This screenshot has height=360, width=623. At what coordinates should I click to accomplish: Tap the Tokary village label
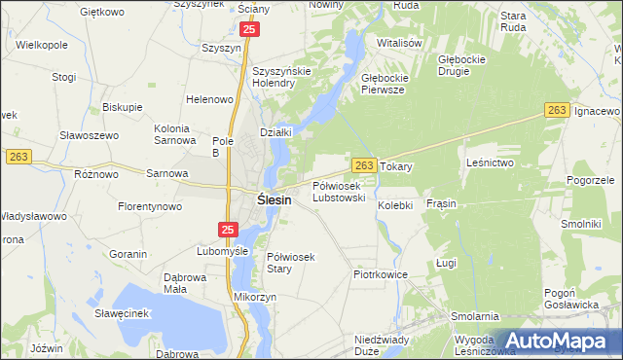coord(396,167)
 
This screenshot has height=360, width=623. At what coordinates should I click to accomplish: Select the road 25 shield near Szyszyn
coord(250,31)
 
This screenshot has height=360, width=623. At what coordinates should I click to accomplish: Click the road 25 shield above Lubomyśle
coord(228,230)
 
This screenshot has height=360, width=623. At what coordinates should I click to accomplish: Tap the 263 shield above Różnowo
coord(18,156)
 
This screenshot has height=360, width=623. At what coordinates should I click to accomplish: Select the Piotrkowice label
coord(379,275)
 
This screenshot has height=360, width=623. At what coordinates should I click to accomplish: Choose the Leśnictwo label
coord(490,162)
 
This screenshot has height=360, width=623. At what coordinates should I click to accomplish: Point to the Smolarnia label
coord(475,316)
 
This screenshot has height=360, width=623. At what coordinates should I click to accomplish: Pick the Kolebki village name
coord(396,205)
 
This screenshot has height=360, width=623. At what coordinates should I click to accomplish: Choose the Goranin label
coord(128,254)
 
